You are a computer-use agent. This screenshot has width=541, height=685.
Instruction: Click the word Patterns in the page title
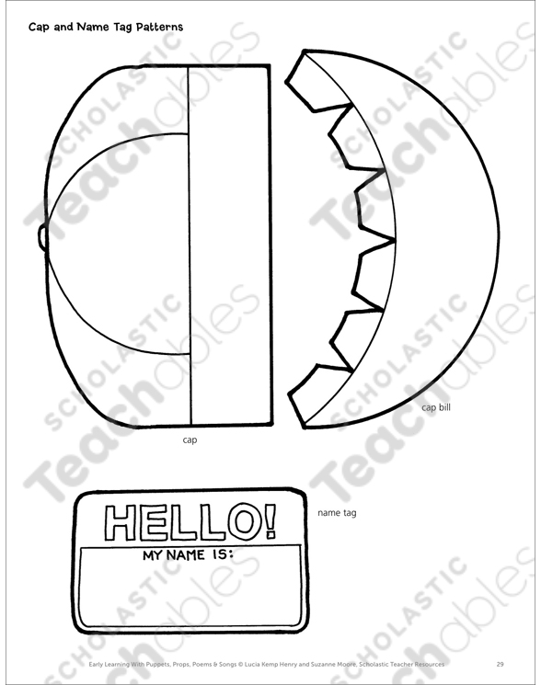(x=159, y=27)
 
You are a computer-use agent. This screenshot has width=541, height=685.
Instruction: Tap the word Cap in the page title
(x=37, y=28)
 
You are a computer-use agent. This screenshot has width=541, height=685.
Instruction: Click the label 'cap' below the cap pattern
(x=190, y=440)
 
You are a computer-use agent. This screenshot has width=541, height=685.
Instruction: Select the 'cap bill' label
(x=436, y=407)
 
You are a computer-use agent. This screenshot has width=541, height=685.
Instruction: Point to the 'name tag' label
(x=337, y=513)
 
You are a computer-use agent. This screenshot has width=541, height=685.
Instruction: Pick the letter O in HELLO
(x=244, y=521)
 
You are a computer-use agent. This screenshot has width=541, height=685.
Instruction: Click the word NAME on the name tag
(x=186, y=555)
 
